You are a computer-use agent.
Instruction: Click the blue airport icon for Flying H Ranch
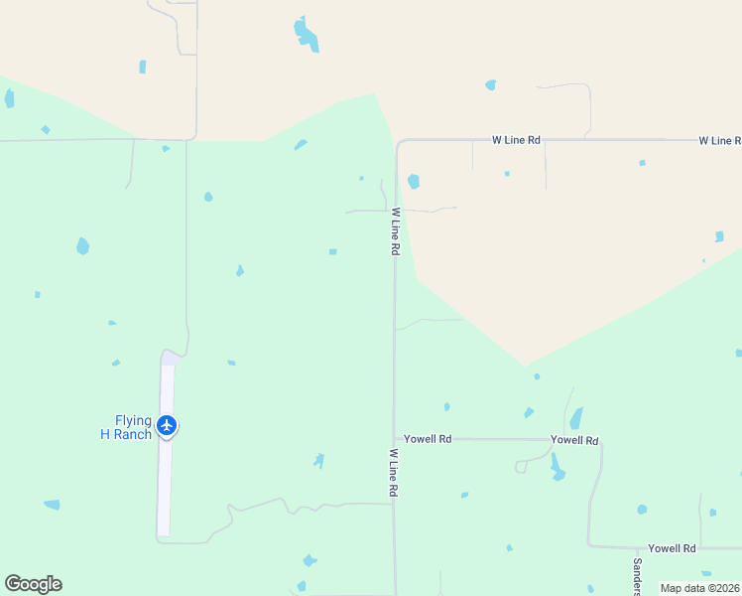coord(167,426)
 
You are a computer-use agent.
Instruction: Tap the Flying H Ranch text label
coord(126,427)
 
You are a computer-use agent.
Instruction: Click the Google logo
coord(33,584)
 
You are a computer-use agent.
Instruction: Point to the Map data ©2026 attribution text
coord(699,588)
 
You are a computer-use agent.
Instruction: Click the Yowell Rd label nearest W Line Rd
coord(428,438)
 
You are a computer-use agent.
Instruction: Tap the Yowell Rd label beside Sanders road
coord(672,548)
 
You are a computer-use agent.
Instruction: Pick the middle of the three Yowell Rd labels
coord(574,439)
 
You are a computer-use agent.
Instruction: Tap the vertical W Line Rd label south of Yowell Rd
coord(394,473)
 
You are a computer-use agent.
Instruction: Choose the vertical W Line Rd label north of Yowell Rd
coord(395,231)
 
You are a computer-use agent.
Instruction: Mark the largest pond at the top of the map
coord(306,35)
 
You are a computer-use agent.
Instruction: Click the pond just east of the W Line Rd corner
coord(414,182)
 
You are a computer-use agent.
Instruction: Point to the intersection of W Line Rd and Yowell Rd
coord(395,438)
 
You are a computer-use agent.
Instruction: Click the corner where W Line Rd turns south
coord(399,142)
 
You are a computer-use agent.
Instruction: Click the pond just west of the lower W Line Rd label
coord(318,460)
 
